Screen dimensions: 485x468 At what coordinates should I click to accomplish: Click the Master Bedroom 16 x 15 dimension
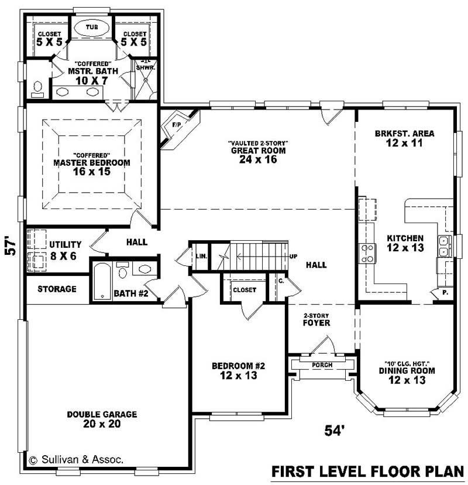click(x=92, y=173)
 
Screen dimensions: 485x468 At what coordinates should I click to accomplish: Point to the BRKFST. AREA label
click(x=404, y=134)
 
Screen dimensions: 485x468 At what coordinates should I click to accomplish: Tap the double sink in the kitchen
click(x=444, y=246)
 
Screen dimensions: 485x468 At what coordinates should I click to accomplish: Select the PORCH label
click(x=322, y=365)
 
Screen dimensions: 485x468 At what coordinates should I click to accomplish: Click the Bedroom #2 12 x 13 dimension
click(x=238, y=376)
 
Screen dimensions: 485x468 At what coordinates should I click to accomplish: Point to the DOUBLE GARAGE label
click(x=102, y=414)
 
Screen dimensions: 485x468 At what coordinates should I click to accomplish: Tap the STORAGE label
click(x=57, y=289)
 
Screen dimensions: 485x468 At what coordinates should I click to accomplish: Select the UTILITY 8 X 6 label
click(x=65, y=250)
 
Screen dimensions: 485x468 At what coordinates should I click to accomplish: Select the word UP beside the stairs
click(x=292, y=257)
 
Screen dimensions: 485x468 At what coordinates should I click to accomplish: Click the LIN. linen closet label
click(x=201, y=256)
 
